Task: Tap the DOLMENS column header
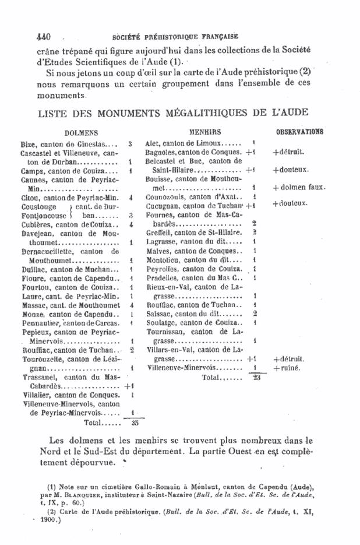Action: (81, 133)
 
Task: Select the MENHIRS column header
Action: (209, 132)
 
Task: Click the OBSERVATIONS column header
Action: (300, 132)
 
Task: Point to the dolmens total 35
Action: (135, 423)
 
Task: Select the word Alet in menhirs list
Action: (153, 143)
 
